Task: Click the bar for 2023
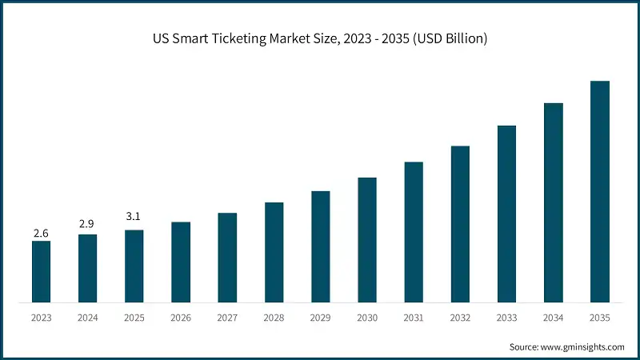(x=41, y=272)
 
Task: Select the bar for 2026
(x=181, y=262)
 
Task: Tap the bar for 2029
(x=321, y=247)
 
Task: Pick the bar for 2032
(x=460, y=224)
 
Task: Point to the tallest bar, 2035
(x=600, y=192)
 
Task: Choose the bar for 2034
(x=554, y=203)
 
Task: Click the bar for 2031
(x=414, y=232)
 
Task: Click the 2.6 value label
(x=41, y=233)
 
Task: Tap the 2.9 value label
(x=87, y=224)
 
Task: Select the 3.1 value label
(x=134, y=216)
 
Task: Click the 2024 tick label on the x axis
(x=87, y=318)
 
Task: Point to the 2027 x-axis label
(x=227, y=318)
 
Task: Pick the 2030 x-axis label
(x=367, y=318)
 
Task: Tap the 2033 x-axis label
(x=506, y=318)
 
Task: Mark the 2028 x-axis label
(x=274, y=318)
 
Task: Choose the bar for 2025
(x=134, y=266)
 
